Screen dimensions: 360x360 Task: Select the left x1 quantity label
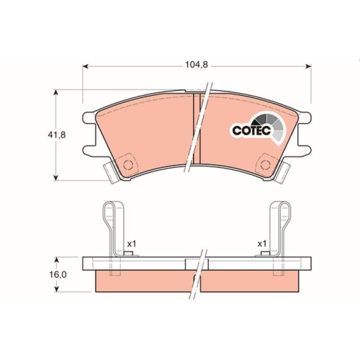(131, 244)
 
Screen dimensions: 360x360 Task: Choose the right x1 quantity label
(263, 244)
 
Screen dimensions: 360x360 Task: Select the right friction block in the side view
(252, 282)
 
